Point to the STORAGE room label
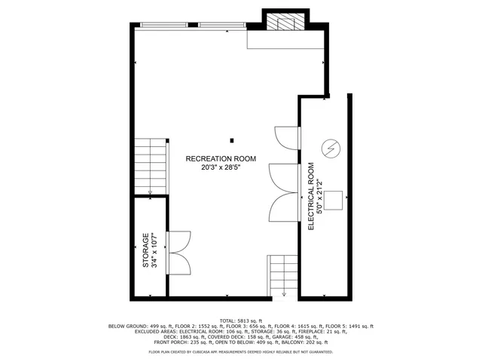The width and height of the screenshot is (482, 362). pos(146,251)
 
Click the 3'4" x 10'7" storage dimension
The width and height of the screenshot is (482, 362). pos(154,251)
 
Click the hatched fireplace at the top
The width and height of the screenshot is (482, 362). pos(285,23)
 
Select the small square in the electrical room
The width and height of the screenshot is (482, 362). pos(332,201)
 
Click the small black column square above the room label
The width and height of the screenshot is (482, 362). pos(232,140)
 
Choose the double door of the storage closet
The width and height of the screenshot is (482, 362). pos(178,252)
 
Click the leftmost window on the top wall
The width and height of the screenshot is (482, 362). pos(163,26)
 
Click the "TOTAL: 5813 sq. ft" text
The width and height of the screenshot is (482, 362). pos(240,320)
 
